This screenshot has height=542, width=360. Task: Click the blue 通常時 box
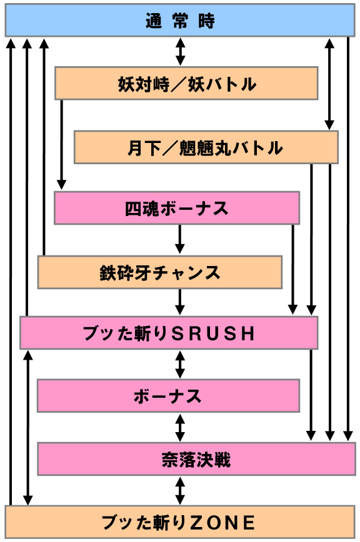coord(180,20)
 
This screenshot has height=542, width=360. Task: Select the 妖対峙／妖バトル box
coord(186,83)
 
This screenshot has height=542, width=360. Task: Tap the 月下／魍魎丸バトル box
coord(206,147)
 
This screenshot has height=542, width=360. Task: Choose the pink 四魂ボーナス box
coord(177,208)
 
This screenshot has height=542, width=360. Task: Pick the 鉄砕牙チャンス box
coord(160,272)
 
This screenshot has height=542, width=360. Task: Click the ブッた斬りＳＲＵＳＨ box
coord(169,333)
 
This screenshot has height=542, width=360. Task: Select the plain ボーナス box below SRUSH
coord(168,395)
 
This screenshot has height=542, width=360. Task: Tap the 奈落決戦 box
coord(196,459)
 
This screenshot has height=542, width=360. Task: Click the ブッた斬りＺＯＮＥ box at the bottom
coord(180,521)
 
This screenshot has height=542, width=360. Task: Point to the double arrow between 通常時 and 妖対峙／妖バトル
coord(180,51)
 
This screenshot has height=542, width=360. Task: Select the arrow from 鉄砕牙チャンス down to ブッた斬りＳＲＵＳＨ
coord(180,302)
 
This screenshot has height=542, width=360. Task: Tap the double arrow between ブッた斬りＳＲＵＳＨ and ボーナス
coord(180,364)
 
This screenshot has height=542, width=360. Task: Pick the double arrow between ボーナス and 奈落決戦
coord(180,427)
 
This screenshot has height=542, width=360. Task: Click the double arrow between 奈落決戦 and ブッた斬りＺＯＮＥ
coord(180,490)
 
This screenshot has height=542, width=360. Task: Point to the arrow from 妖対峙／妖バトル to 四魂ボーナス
coord(61,145)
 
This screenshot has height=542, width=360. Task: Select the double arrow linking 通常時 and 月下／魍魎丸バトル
coord(329,84)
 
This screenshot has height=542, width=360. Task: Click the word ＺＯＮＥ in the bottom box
coord(223,522)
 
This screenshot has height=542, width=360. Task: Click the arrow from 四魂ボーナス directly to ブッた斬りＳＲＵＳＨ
coord(293,270)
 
